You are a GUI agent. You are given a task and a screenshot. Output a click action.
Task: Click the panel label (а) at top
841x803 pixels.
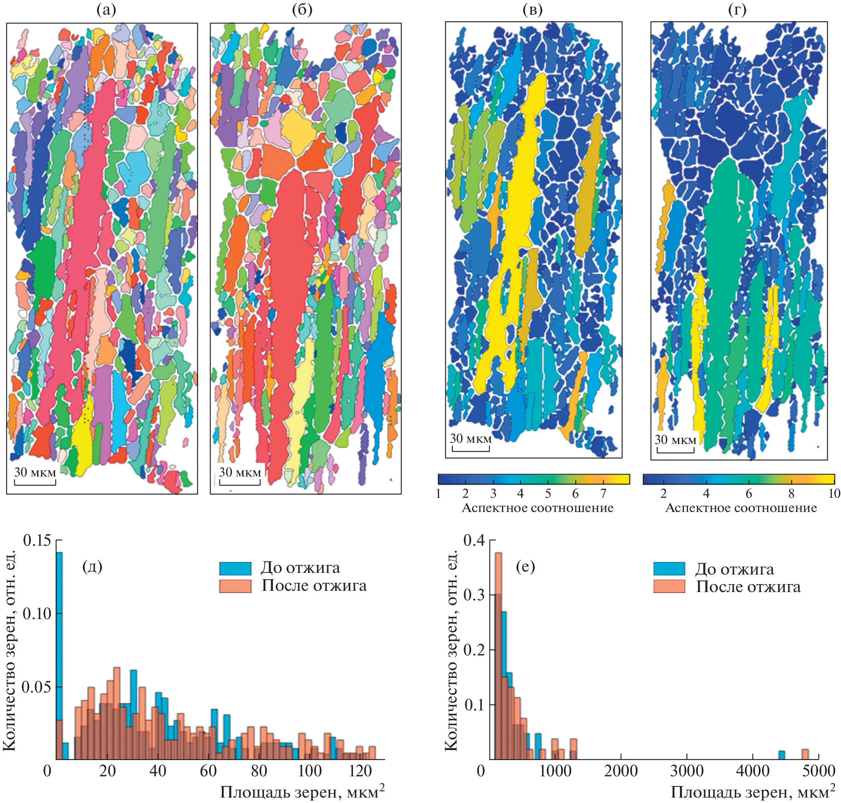(106, 10)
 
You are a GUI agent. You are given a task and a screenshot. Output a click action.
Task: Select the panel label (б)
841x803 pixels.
(302, 10)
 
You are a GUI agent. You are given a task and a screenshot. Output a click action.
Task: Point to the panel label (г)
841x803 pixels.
(738, 10)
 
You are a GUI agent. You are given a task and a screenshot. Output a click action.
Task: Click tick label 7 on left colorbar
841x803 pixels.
(603, 494)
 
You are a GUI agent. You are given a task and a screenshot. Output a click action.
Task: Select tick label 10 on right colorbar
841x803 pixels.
(834, 494)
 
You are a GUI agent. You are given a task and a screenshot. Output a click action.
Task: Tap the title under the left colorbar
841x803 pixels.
(537, 508)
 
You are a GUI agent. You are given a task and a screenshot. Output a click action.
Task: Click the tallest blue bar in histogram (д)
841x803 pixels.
(60, 655)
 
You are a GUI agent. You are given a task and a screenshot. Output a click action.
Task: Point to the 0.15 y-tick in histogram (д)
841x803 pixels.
(37, 541)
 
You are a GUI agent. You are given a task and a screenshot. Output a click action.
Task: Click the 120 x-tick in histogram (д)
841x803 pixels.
(360, 771)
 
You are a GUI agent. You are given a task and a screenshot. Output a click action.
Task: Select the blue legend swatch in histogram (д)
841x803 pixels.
(235, 568)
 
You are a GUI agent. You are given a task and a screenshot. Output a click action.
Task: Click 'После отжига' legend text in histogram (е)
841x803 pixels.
(748, 587)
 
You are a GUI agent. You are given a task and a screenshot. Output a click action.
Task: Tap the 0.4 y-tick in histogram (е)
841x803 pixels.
(474, 541)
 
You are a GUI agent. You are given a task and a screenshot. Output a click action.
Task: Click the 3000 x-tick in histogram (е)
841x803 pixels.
(686, 771)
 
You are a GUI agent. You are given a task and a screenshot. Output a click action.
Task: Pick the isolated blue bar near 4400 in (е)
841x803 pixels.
(781, 755)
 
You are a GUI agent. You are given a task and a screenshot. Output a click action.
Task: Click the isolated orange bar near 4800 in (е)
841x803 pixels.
(805, 754)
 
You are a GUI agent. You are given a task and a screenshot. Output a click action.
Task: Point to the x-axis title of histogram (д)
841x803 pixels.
(302, 792)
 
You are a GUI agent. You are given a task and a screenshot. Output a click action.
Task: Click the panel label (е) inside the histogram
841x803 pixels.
(525, 567)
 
